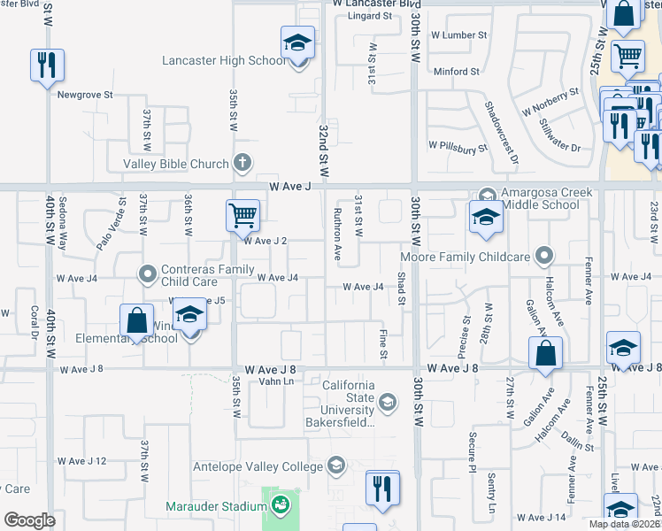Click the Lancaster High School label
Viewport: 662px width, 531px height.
pyautogui.click(x=224, y=61)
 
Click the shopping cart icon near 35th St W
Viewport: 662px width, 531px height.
pyautogui.click(x=243, y=215)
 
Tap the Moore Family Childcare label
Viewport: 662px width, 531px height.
pyautogui.click(x=466, y=258)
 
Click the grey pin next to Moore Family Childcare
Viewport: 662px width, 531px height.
pyautogui.click(x=544, y=257)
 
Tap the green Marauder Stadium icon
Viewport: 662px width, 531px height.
pyautogui.click(x=281, y=506)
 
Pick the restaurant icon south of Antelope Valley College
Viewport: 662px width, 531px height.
pyautogui.click(x=382, y=488)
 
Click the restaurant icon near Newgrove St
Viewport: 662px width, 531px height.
pyautogui.click(x=46, y=65)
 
